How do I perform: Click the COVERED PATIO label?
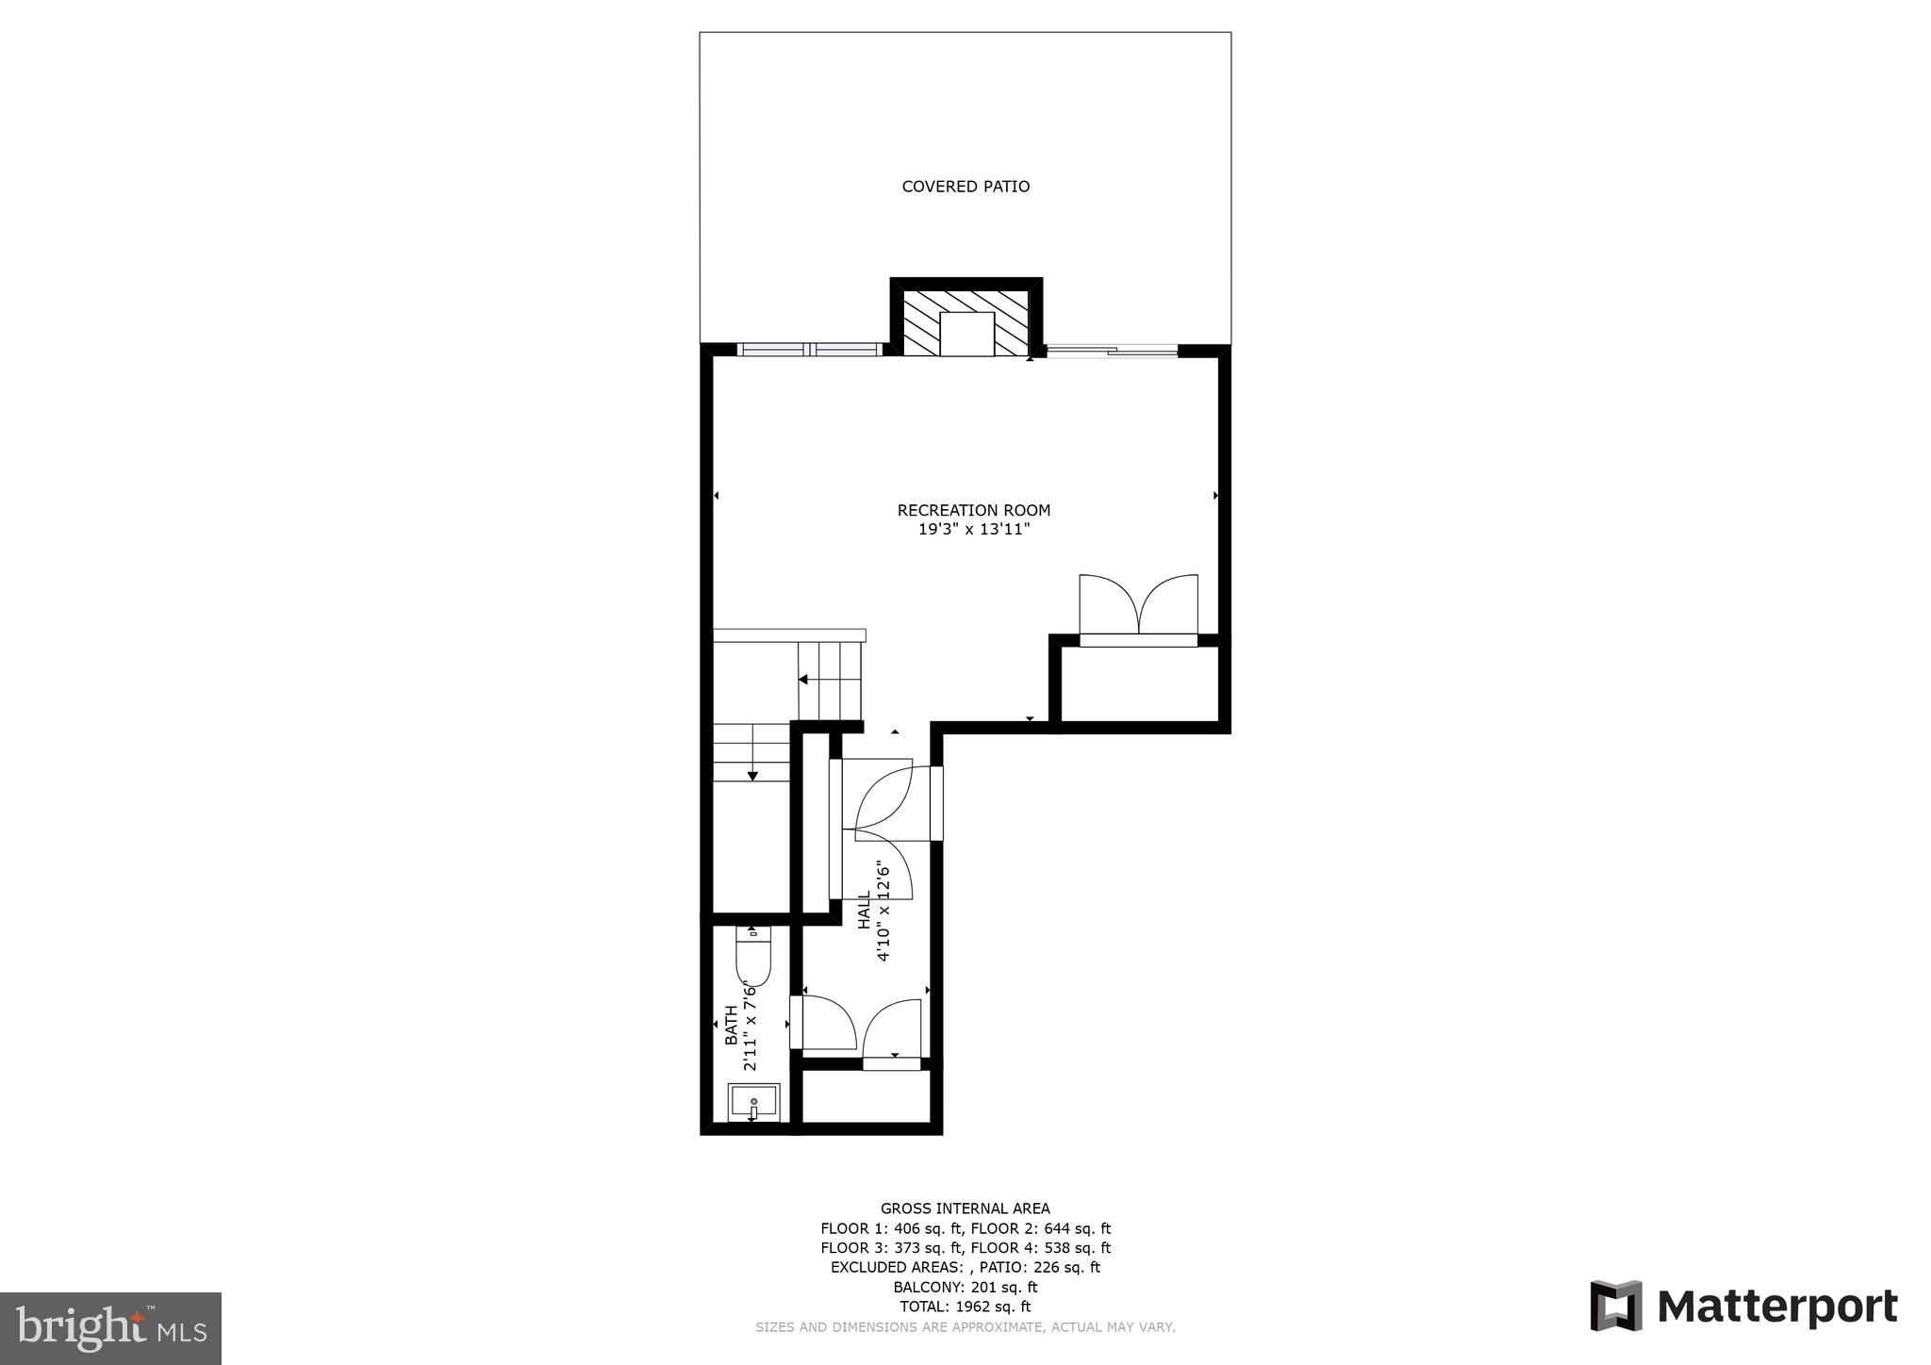click(x=965, y=187)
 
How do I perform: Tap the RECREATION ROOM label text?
click(x=973, y=510)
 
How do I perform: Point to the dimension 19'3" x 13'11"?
click(x=973, y=530)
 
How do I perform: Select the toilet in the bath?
click(x=753, y=956)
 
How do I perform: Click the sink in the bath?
click(x=753, y=1102)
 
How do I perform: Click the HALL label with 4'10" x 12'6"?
click(x=874, y=910)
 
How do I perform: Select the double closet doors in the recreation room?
click(x=1138, y=605)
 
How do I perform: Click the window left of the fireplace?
click(x=809, y=350)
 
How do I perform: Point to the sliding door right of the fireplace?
click(x=1112, y=351)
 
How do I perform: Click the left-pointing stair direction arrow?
click(x=804, y=680)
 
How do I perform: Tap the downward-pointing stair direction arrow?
click(x=752, y=775)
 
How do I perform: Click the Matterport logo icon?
click(x=1616, y=1306)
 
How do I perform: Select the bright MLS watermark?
click(x=110, y=1328)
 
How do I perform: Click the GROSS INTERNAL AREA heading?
click(x=965, y=1209)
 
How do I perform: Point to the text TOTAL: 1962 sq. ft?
click(x=965, y=1307)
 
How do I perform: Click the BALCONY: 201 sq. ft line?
click(x=965, y=1287)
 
